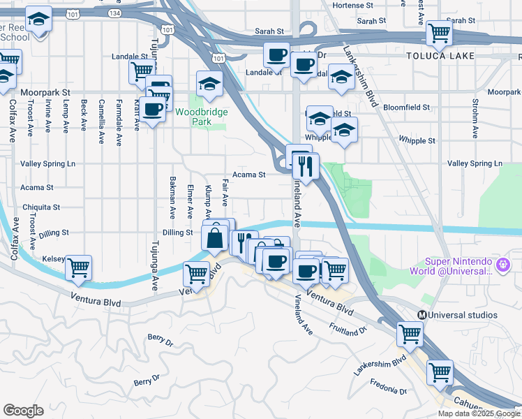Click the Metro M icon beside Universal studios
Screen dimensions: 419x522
pos(422,315)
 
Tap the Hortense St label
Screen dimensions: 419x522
pos(359,5)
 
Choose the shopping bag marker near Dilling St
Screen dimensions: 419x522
pos(215,238)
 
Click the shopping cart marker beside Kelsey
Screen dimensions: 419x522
pos(79,267)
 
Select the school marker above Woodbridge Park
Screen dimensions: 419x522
pos(209,84)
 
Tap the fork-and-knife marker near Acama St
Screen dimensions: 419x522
pos(305,166)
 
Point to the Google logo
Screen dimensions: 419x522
pos(23,411)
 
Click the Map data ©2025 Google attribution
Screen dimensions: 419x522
pos(479,413)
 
